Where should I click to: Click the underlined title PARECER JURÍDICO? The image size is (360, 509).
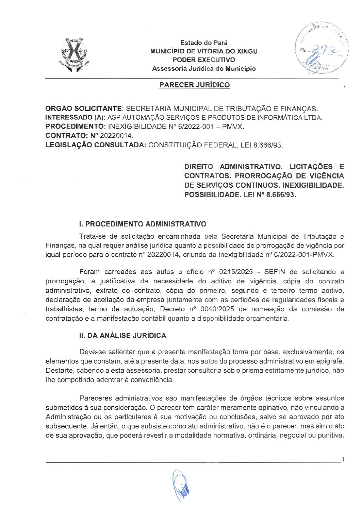pyautogui.click(x=194, y=85)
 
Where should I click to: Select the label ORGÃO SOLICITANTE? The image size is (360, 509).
pyautogui.click(x=83, y=109)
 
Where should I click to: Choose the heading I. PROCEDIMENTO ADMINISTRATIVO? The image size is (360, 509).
pyautogui.click(x=143, y=224)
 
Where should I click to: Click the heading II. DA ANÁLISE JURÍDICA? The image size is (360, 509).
pyautogui.click(x=122, y=336)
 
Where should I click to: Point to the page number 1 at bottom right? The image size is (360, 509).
pyautogui.click(x=343, y=460)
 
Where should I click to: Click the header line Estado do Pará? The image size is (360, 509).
pyautogui.click(x=204, y=43)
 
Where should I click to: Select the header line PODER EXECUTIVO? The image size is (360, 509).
pyautogui.click(x=204, y=60)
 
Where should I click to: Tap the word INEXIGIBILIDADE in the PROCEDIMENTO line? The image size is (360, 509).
pyautogui.click(x=139, y=126)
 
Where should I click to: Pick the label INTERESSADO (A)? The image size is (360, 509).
pyautogui.click(x=76, y=118)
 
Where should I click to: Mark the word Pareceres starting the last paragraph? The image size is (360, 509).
pyautogui.click(x=96, y=398)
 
